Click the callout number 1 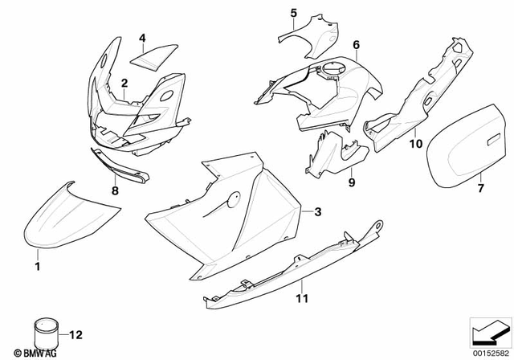[37, 263]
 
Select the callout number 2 [124, 83]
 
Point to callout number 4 [141, 38]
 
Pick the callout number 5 [293, 13]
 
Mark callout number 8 [114, 190]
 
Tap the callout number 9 [351, 182]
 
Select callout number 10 [415, 144]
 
